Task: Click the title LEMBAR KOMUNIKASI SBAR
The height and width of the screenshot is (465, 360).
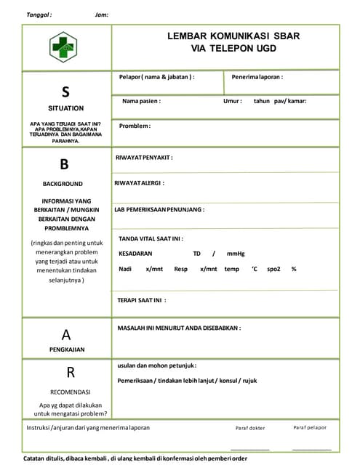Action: click(x=233, y=36)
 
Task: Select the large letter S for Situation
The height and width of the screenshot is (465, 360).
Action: click(x=65, y=92)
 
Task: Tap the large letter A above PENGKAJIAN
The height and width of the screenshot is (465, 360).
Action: click(x=66, y=335)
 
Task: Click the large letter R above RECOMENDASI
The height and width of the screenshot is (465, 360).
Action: click(x=71, y=373)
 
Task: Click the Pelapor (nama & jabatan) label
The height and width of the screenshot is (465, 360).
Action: click(x=157, y=76)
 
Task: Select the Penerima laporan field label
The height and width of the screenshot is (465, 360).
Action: click(x=257, y=76)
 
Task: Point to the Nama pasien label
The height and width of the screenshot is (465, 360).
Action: click(x=141, y=101)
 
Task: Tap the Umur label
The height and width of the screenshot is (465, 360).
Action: click(x=233, y=101)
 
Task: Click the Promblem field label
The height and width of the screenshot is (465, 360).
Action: click(x=135, y=126)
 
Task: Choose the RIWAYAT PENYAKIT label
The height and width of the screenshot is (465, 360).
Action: click(x=144, y=157)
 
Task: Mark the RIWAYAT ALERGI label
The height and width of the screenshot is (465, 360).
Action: click(x=139, y=183)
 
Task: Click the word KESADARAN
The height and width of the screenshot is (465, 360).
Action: click(x=135, y=254)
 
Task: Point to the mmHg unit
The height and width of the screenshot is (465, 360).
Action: click(x=236, y=254)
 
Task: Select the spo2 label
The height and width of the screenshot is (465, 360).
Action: click(x=273, y=269)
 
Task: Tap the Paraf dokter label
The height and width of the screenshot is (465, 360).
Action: click(x=250, y=428)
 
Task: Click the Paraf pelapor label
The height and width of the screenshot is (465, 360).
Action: click(x=310, y=427)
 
